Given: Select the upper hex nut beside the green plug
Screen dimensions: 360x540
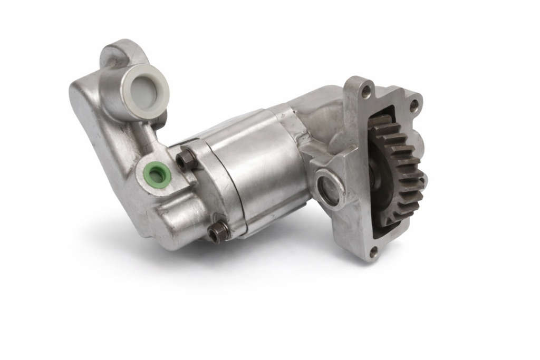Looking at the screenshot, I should point(185,159).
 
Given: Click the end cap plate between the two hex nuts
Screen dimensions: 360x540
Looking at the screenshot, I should point(206,195).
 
